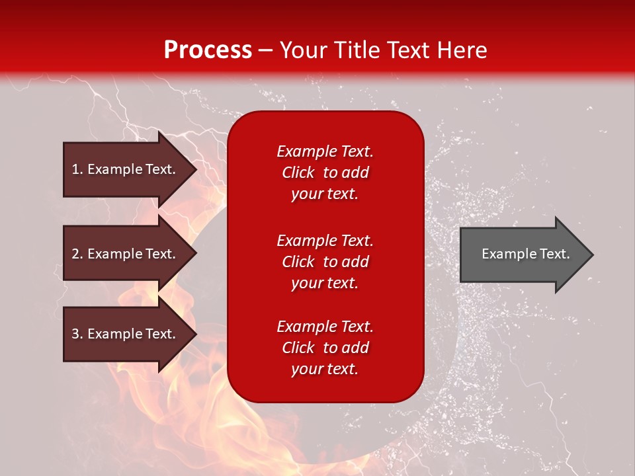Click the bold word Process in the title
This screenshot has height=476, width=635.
click(x=208, y=50)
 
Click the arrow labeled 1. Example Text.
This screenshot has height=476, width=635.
click(x=130, y=169)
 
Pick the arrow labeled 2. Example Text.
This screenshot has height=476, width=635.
click(x=130, y=254)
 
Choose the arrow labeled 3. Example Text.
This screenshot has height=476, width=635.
click(x=130, y=334)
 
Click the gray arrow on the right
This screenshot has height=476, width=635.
click(x=527, y=255)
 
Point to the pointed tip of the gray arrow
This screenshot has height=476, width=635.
click(x=593, y=255)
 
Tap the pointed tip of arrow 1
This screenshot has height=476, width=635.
click(x=197, y=169)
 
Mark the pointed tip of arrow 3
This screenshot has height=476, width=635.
click(x=197, y=334)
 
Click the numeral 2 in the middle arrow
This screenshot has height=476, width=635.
click(x=75, y=254)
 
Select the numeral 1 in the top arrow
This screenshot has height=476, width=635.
click(x=75, y=169)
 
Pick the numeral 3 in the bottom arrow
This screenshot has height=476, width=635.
click(x=75, y=333)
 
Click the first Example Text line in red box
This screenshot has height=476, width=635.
click(x=325, y=151)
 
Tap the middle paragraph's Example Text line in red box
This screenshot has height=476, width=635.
click(x=325, y=241)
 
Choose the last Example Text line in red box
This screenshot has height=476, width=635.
click(x=325, y=327)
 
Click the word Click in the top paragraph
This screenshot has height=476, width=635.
click(x=298, y=173)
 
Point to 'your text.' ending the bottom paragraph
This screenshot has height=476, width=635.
click(x=325, y=369)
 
